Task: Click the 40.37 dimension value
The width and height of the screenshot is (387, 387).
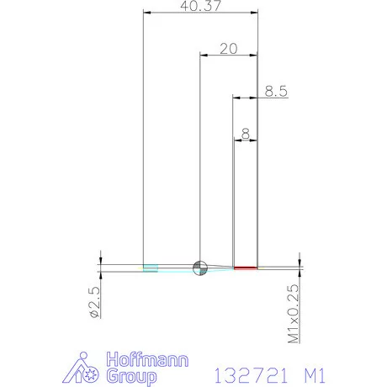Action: click(x=200, y=6)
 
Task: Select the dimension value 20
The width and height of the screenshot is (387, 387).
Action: click(x=229, y=49)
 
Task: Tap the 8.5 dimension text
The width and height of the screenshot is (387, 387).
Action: click(x=276, y=91)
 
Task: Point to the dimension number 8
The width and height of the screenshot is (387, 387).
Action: click(x=246, y=134)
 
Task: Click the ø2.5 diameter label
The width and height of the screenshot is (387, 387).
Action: click(x=95, y=302)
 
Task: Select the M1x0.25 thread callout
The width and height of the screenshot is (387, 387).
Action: click(x=294, y=314)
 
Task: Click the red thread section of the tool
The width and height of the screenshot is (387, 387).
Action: click(x=246, y=268)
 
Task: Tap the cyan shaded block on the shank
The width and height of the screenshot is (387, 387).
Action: click(x=151, y=268)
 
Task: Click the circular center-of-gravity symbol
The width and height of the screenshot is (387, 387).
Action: click(x=200, y=268)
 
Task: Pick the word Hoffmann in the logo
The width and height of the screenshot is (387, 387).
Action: click(x=147, y=360)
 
